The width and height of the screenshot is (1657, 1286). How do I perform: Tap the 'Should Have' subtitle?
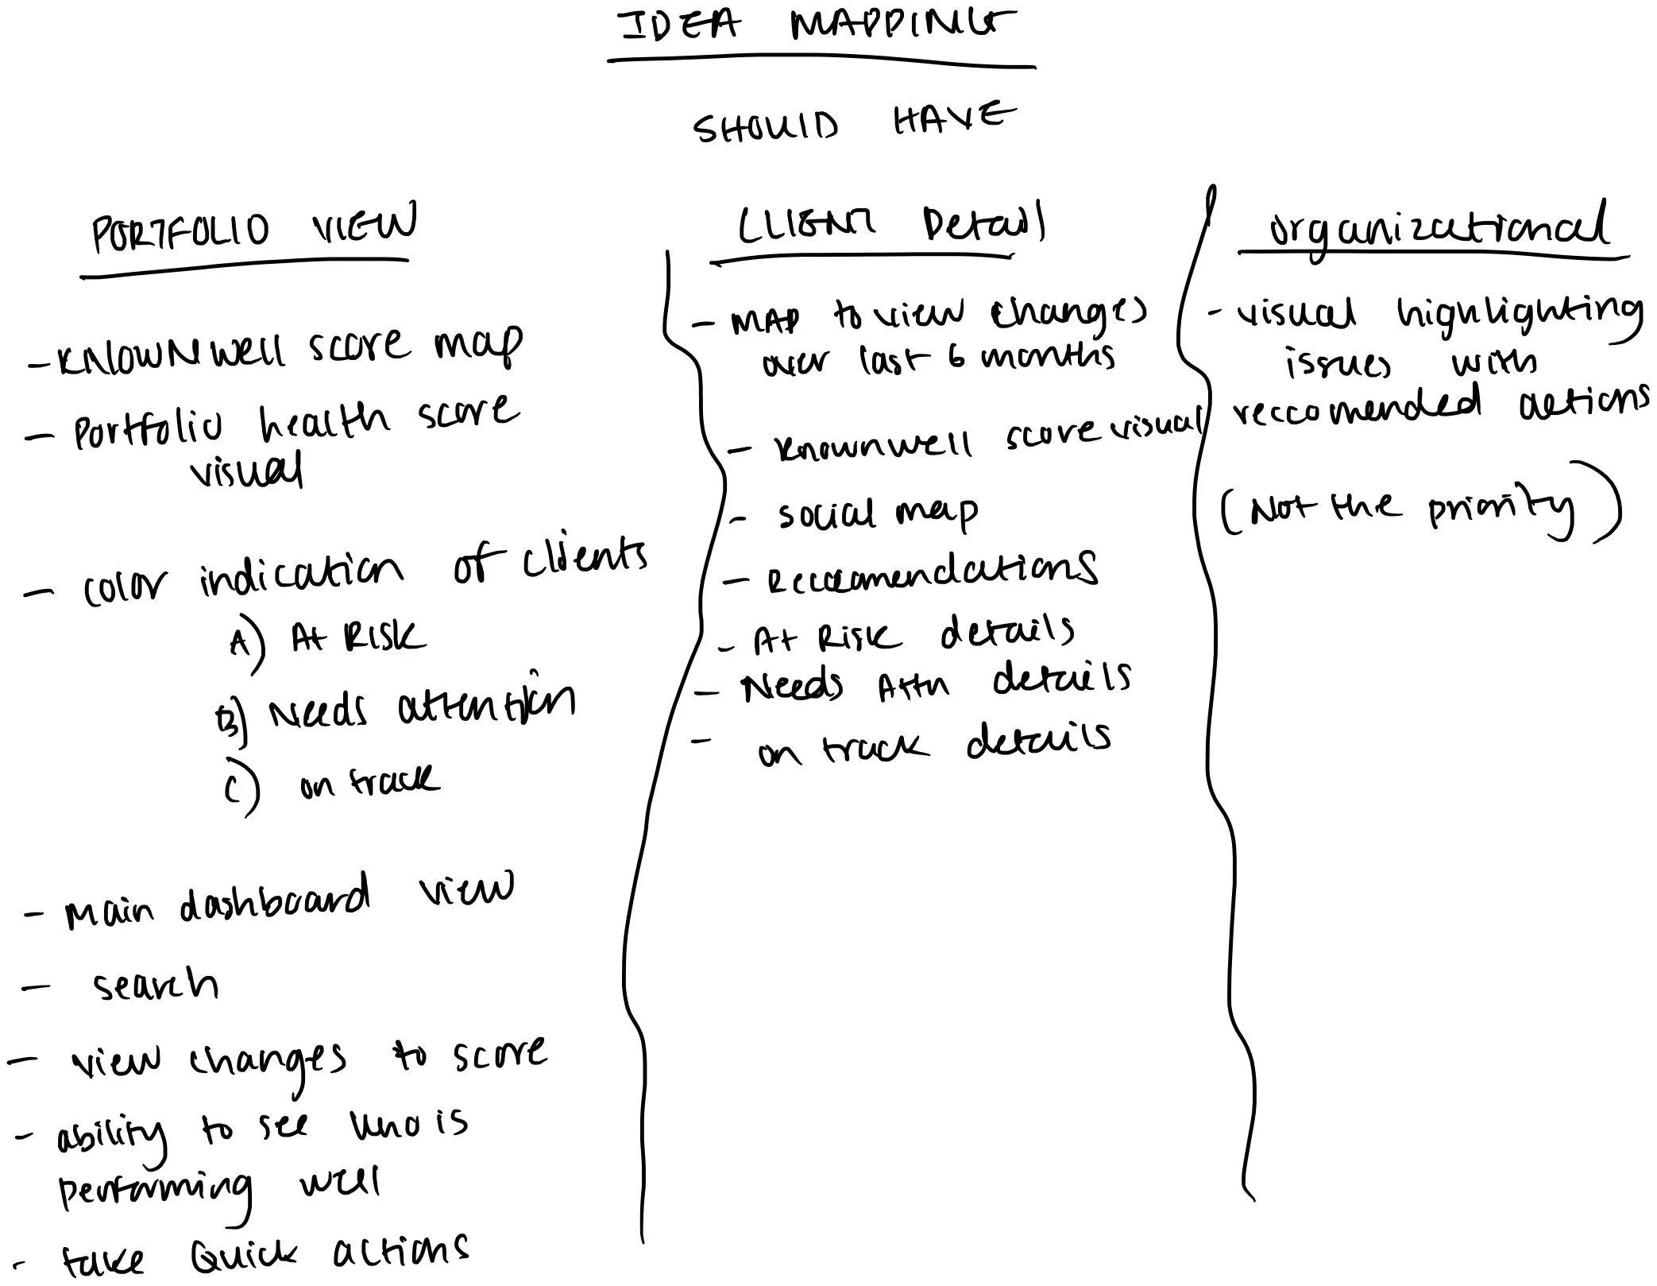point(854,123)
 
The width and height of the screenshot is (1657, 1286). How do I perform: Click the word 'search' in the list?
point(156,986)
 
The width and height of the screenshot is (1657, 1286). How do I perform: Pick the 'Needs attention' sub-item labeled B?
point(421,707)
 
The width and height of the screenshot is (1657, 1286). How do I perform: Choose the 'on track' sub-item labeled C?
point(369,783)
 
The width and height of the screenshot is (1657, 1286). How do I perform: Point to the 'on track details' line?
point(933,746)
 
